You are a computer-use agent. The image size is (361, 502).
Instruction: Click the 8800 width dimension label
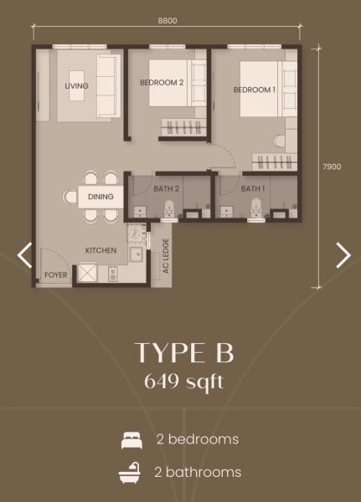pyautogui.click(x=168, y=21)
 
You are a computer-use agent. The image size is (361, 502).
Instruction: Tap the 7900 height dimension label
pyautogui.click(x=332, y=166)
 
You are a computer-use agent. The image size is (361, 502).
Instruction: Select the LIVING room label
pyautogui.click(x=76, y=86)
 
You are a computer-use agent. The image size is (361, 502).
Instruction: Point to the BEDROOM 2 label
pyautogui.click(x=162, y=83)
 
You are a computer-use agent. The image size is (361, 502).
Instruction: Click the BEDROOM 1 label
pyautogui.click(x=255, y=90)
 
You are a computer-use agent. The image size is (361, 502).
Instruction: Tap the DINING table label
pyautogui.click(x=101, y=197)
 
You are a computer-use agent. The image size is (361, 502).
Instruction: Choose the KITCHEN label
pyautogui.click(x=101, y=250)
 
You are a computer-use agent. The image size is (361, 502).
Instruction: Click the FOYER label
pyautogui.click(x=56, y=275)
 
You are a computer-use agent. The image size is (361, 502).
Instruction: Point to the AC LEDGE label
pyautogui.click(x=166, y=256)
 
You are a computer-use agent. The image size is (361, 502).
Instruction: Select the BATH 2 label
pyautogui.click(x=166, y=189)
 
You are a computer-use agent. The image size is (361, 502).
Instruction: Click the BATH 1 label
pyautogui.click(x=253, y=189)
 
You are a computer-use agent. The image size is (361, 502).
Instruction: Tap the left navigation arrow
pyautogui.click(x=24, y=255)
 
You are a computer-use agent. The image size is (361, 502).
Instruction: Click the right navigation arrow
pyautogui.click(x=343, y=255)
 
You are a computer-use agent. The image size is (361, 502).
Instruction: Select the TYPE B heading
pyautogui.click(x=184, y=353)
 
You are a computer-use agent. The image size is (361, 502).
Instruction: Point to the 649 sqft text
pyautogui.click(x=184, y=382)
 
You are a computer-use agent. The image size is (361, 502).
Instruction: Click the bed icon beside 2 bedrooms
pyautogui.click(x=132, y=440)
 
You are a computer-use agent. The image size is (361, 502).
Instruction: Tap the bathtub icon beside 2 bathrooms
pyautogui.click(x=131, y=473)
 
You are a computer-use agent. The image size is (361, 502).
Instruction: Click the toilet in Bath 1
pyautogui.click(x=256, y=208)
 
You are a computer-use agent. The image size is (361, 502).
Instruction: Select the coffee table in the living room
pyautogui.click(x=77, y=86)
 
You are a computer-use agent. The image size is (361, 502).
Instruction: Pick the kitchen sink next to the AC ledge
pyautogui.click(x=137, y=254)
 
